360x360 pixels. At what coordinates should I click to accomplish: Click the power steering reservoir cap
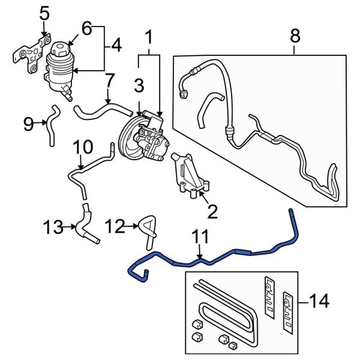[59, 49]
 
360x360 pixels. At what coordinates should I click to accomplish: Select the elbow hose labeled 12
[146, 232]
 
